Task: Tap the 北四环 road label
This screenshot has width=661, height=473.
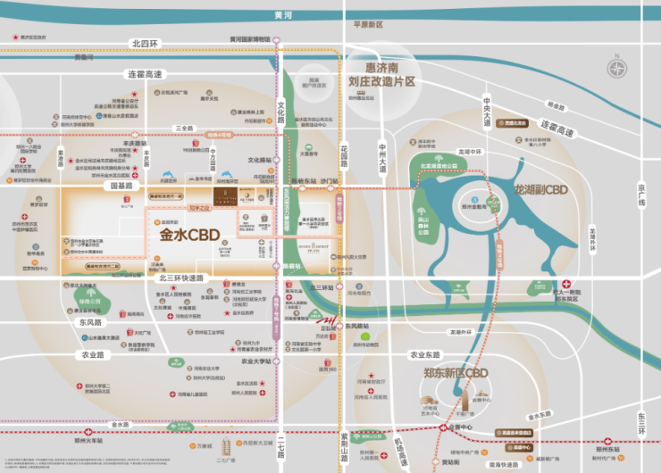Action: [x=143, y=43]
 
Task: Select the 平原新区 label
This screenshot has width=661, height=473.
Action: [x=367, y=25]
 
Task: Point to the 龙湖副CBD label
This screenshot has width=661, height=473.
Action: [x=541, y=189]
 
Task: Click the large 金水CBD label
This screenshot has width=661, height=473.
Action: [x=189, y=236]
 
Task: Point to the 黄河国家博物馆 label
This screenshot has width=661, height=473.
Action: [x=249, y=39]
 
